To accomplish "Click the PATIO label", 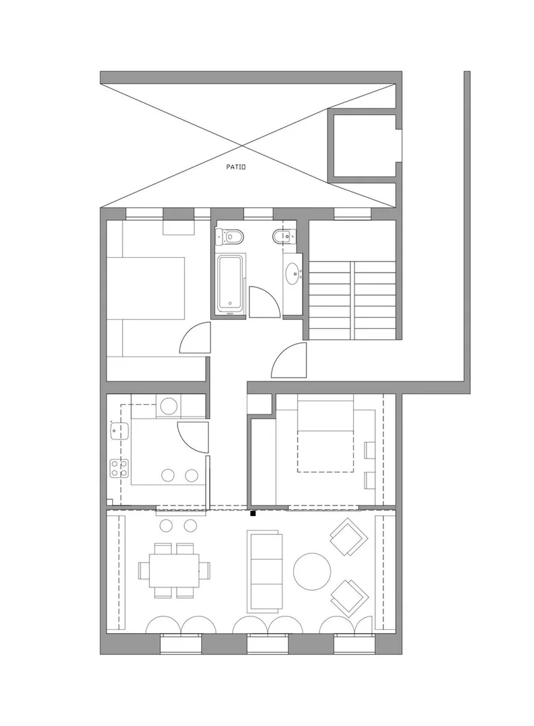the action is point(235,167).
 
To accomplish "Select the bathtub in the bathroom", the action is point(229,284).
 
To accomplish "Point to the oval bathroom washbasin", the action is point(293,274).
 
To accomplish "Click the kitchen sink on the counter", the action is point(120,430).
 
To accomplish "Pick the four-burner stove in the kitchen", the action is point(119,468).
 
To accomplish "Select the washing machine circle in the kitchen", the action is point(167,406).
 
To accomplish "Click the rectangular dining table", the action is point(174,570).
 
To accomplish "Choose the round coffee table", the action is point(312,571).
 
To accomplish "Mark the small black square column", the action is point(253,513).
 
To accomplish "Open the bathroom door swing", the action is point(265,302).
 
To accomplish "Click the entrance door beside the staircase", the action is point(289,360).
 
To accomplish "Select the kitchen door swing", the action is point(192,438).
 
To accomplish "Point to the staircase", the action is point(352,300).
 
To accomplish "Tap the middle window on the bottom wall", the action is point(268,645).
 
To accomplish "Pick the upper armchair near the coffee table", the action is point(349,537).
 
